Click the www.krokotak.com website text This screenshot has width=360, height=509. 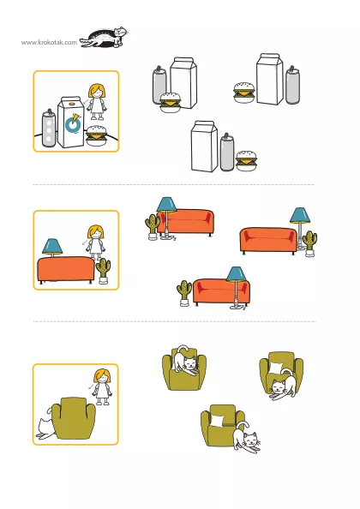pyautogui.click(x=50, y=43)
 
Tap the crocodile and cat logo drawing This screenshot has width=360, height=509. pyautogui.click(x=103, y=38)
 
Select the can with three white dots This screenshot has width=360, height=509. pyautogui.click(x=49, y=128)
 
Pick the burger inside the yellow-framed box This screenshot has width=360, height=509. pyautogui.click(x=96, y=135)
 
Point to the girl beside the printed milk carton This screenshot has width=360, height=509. pyautogui.click(x=97, y=102)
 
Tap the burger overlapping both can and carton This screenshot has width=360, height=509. pyautogui.click(x=171, y=103)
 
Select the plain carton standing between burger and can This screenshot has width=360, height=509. pyautogui.click(x=270, y=79)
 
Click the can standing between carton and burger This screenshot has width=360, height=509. pyautogui.click(x=227, y=152)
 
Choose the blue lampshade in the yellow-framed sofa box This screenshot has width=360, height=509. pyautogui.click(x=52, y=247)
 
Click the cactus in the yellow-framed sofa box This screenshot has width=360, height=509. pyautogui.click(x=104, y=271)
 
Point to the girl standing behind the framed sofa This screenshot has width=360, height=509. pyautogui.click(x=95, y=243)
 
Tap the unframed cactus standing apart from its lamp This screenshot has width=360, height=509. pyautogui.click(x=184, y=293)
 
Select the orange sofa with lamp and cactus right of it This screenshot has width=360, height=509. pyautogui.click(x=268, y=241)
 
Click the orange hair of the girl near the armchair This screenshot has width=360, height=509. pyautogui.click(x=102, y=376)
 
